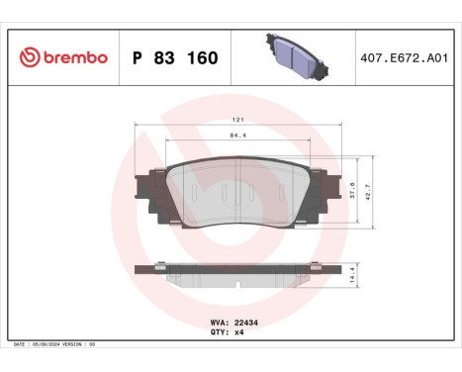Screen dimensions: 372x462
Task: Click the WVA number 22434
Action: tap(246, 323)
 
